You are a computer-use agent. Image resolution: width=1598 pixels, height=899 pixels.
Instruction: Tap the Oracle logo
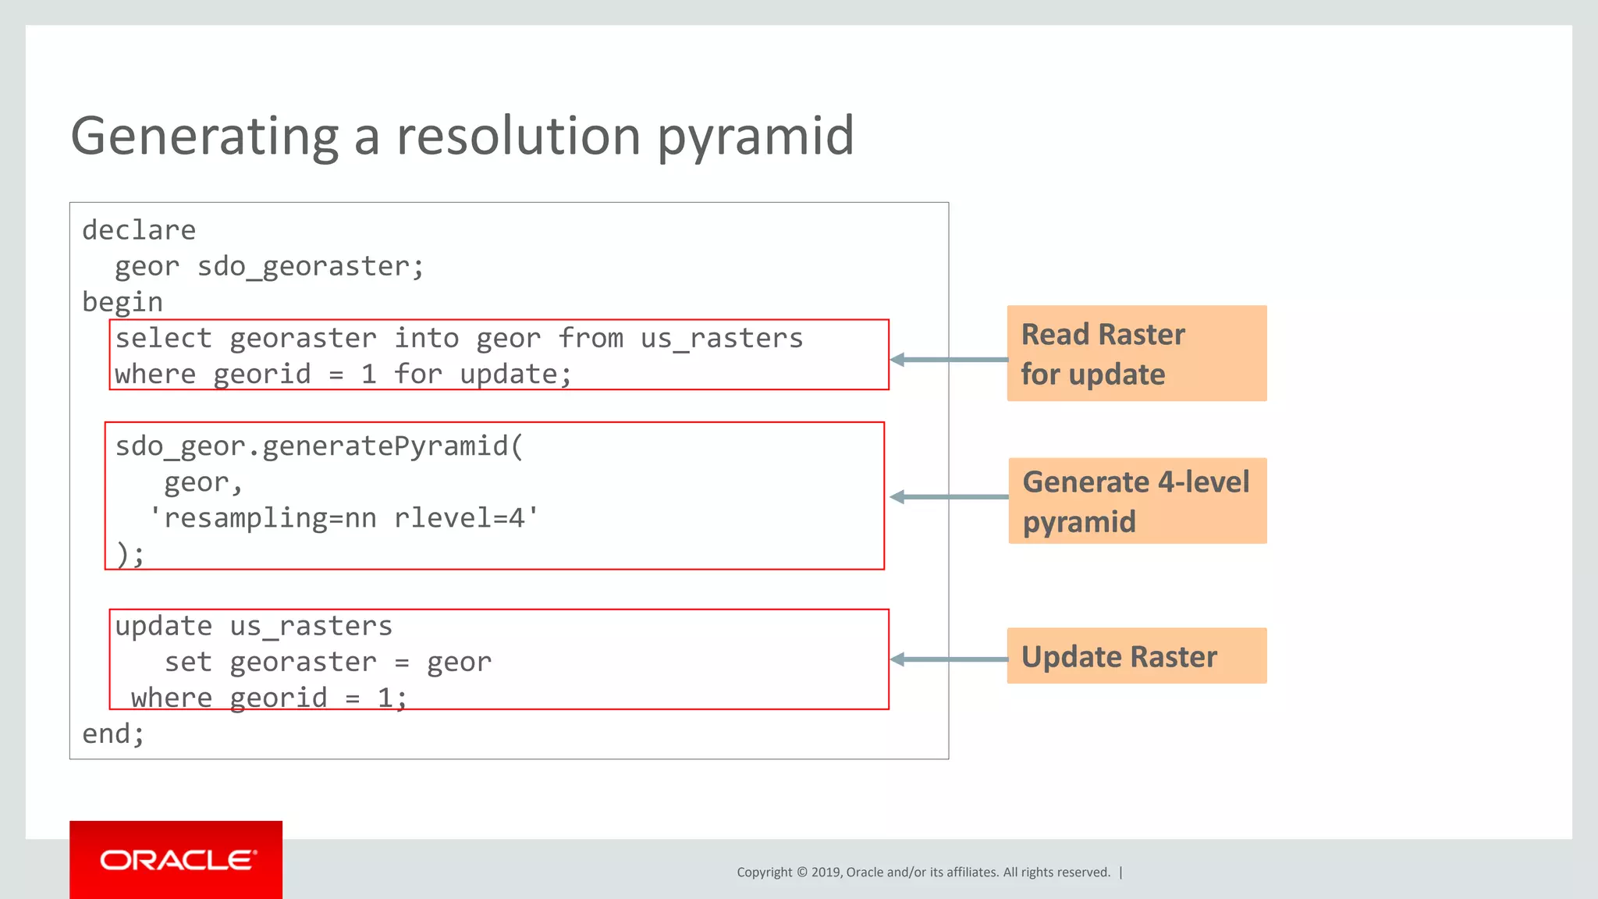click(x=176, y=860)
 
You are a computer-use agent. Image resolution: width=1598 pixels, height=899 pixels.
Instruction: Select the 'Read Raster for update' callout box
click(x=1136, y=354)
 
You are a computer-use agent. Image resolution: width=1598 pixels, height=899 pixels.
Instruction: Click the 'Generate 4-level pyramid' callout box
click(x=1136, y=501)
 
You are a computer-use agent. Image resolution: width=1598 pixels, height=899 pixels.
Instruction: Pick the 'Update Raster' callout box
click(x=1136, y=656)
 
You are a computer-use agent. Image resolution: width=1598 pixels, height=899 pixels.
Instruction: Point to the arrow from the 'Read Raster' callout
click(x=948, y=360)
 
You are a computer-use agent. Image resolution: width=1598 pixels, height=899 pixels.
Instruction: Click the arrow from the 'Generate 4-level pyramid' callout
click(x=948, y=497)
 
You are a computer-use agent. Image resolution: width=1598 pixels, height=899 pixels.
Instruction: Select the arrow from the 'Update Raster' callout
click(x=948, y=659)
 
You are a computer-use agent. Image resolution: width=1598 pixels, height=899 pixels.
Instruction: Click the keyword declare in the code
click(x=139, y=230)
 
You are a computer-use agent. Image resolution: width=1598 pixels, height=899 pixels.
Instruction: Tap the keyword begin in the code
click(x=123, y=303)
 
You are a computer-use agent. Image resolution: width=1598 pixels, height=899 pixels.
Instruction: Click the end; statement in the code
click(x=113, y=734)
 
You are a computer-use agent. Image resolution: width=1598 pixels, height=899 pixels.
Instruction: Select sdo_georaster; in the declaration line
click(x=311, y=267)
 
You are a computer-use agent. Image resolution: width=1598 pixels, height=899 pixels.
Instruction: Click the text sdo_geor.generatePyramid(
click(x=319, y=446)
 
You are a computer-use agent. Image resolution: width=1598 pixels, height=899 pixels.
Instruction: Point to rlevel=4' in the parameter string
click(x=466, y=518)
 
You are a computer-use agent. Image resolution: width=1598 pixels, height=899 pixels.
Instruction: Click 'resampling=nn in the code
click(x=263, y=518)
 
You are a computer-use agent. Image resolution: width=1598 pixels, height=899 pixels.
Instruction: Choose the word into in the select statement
click(x=426, y=339)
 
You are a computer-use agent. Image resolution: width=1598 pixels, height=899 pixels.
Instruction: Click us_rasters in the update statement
click(x=311, y=627)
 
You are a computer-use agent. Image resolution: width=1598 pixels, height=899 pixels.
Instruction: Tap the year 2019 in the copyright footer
click(x=825, y=872)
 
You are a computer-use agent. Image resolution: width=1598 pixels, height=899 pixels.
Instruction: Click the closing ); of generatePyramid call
click(x=130, y=555)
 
